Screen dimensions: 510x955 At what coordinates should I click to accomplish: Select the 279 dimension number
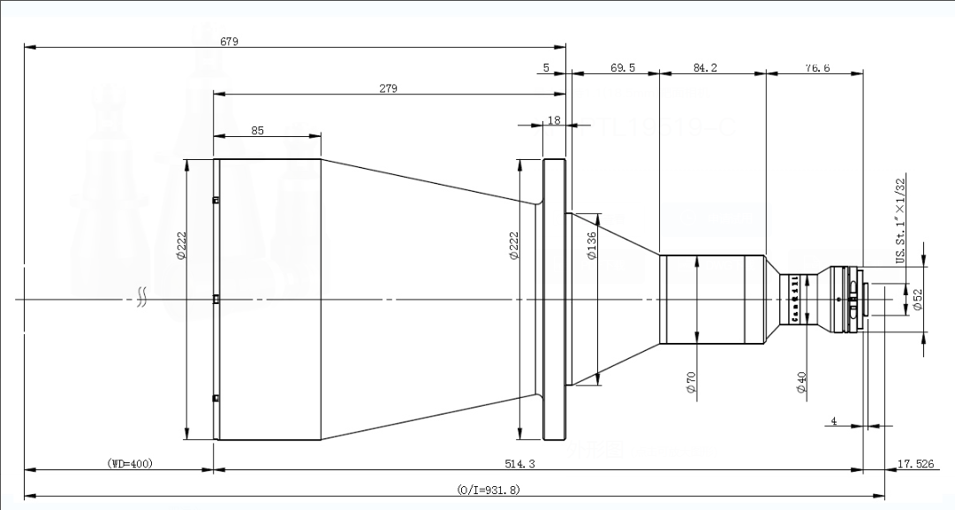pos(388,88)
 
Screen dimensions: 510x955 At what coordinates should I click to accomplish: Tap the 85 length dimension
pos(257,130)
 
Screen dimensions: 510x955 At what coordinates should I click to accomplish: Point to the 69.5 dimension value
pos(623,67)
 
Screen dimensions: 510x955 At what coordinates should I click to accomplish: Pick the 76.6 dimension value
pos(817,67)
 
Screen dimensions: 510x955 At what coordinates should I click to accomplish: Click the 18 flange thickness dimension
pos(554,120)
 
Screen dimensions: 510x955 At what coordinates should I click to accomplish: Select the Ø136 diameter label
pos(592,246)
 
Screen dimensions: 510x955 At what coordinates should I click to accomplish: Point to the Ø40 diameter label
pos(801,382)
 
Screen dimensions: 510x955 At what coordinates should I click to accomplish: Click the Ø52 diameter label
pos(918,301)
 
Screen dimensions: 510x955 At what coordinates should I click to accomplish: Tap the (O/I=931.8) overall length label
pos(488,488)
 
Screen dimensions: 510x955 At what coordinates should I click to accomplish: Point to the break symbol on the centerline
pos(140,297)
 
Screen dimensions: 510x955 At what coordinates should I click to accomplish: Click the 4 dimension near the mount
pos(833,421)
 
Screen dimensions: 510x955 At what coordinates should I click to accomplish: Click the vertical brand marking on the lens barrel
pos(794,300)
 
